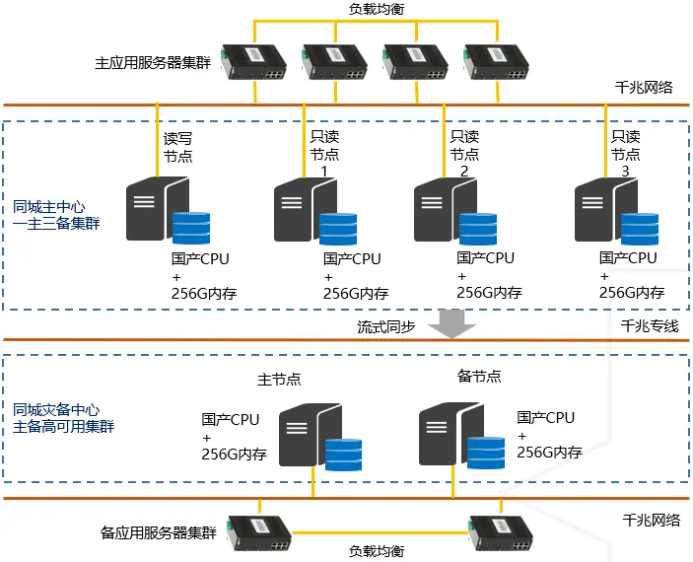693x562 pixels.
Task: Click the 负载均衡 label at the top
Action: click(x=377, y=9)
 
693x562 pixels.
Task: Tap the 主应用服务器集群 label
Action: click(x=153, y=63)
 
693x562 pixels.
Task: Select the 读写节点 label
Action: click(x=177, y=147)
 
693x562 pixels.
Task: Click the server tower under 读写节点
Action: click(x=158, y=209)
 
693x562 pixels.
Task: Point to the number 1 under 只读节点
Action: click(x=324, y=172)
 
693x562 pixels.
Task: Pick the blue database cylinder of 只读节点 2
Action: click(x=478, y=229)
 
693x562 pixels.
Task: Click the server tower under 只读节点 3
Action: click(x=606, y=210)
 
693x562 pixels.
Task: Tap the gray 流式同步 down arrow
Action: click(x=452, y=323)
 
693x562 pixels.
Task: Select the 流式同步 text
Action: click(x=386, y=326)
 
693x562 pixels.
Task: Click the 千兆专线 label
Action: click(x=650, y=326)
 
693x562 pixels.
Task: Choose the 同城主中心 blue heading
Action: click(x=48, y=206)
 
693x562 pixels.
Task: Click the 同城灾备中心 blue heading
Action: click(x=56, y=410)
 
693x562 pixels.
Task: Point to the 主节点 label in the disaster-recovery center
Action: click(x=279, y=379)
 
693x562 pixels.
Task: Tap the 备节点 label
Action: click(x=479, y=377)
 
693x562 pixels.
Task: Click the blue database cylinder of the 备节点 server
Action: click(x=486, y=453)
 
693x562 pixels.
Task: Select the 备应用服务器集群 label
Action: click(x=159, y=532)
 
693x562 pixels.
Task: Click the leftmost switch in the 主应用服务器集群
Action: click(x=253, y=62)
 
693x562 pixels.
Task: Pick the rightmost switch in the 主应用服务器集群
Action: click(x=496, y=62)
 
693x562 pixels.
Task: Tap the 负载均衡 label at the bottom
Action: click(x=377, y=551)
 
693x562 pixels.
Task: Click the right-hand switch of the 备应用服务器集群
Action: click(x=501, y=532)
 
